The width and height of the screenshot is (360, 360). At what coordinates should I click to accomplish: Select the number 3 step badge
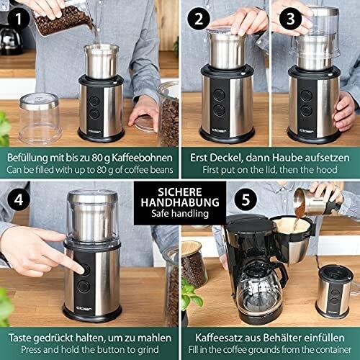(x=290, y=19)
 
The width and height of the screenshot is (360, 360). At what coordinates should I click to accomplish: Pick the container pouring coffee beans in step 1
(x=68, y=19)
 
